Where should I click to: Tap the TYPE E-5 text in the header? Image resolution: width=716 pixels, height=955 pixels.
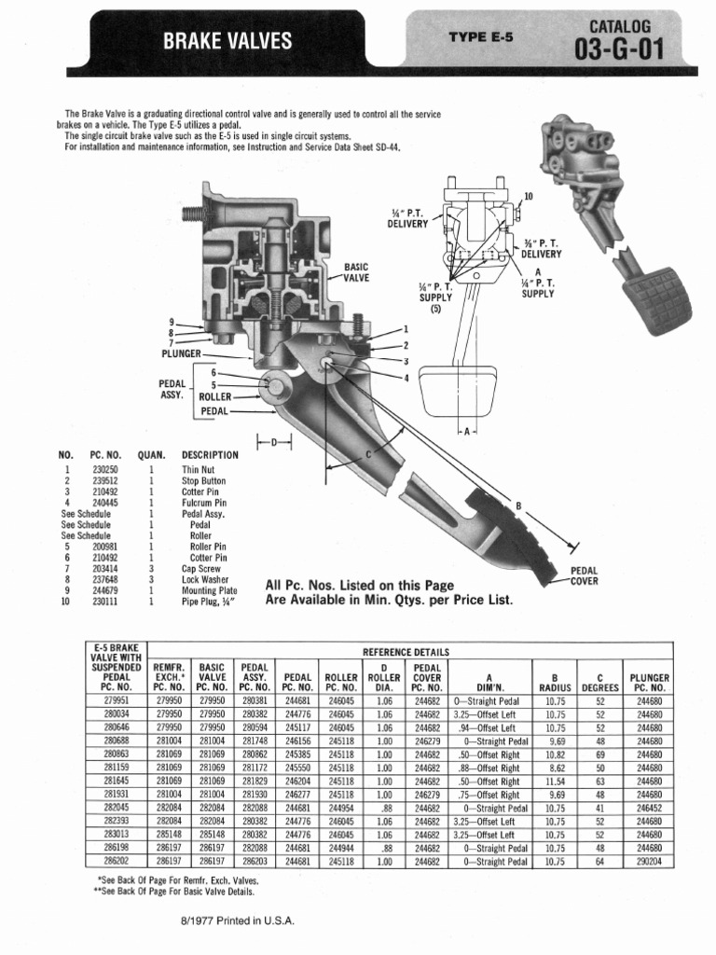click(480, 38)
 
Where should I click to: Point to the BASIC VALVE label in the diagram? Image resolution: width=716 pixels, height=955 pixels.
click(356, 271)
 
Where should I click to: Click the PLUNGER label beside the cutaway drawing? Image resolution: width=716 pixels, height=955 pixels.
click(181, 354)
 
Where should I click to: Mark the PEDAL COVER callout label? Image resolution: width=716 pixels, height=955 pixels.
click(584, 575)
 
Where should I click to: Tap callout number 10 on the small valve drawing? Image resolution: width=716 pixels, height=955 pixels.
click(529, 197)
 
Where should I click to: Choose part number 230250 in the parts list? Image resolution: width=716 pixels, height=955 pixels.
click(104, 469)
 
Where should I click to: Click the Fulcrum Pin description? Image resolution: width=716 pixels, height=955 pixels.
click(204, 503)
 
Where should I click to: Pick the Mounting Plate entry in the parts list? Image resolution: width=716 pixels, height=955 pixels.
click(210, 590)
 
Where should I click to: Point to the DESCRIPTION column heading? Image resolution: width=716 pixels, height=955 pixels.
click(210, 455)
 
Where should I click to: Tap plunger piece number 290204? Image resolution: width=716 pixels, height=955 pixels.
click(649, 862)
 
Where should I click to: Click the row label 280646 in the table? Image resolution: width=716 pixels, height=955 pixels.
click(117, 727)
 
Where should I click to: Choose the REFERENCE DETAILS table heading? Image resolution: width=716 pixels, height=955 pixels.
click(406, 651)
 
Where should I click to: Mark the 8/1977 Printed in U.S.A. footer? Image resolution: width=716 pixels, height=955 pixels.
click(238, 920)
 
